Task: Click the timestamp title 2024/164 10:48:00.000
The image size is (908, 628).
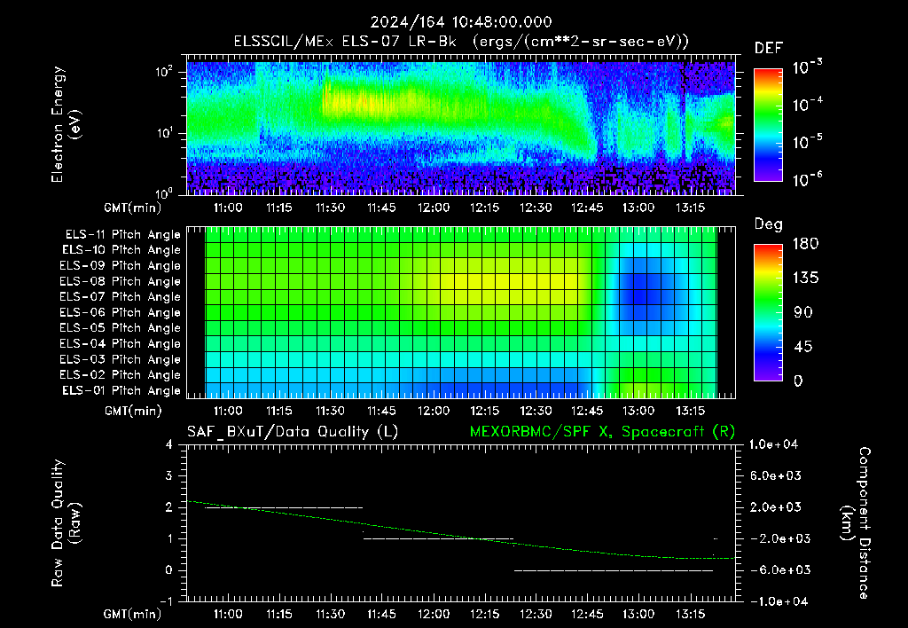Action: [x=461, y=22]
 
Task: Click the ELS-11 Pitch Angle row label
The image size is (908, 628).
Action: [x=122, y=235]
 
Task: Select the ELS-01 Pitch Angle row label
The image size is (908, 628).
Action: [x=121, y=390]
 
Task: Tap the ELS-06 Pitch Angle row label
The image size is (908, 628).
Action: [x=120, y=312]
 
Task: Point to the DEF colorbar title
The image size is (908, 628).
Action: [x=769, y=49]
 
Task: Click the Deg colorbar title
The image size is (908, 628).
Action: [x=769, y=224]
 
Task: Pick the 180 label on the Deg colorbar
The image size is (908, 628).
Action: [x=805, y=243]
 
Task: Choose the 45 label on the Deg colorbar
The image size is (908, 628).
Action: [x=802, y=347]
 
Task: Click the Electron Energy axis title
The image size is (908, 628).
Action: [x=66, y=124]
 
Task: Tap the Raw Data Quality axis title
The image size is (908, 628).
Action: [x=66, y=523]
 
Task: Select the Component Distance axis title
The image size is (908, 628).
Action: [x=856, y=523]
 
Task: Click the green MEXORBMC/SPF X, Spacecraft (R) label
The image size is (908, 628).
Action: [x=602, y=432]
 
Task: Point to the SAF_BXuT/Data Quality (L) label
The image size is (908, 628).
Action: [x=293, y=432]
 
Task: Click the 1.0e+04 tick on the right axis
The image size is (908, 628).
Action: [x=773, y=444]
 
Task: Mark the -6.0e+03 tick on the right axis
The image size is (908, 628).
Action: [x=776, y=570]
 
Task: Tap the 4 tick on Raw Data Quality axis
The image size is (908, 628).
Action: [x=169, y=444]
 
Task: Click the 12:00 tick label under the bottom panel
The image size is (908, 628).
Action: [x=434, y=614]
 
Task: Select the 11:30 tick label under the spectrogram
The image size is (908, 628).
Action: [x=331, y=208]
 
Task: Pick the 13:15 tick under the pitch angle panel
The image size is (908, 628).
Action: [x=690, y=411]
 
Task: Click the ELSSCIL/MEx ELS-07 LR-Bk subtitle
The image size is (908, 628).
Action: [x=345, y=42]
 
